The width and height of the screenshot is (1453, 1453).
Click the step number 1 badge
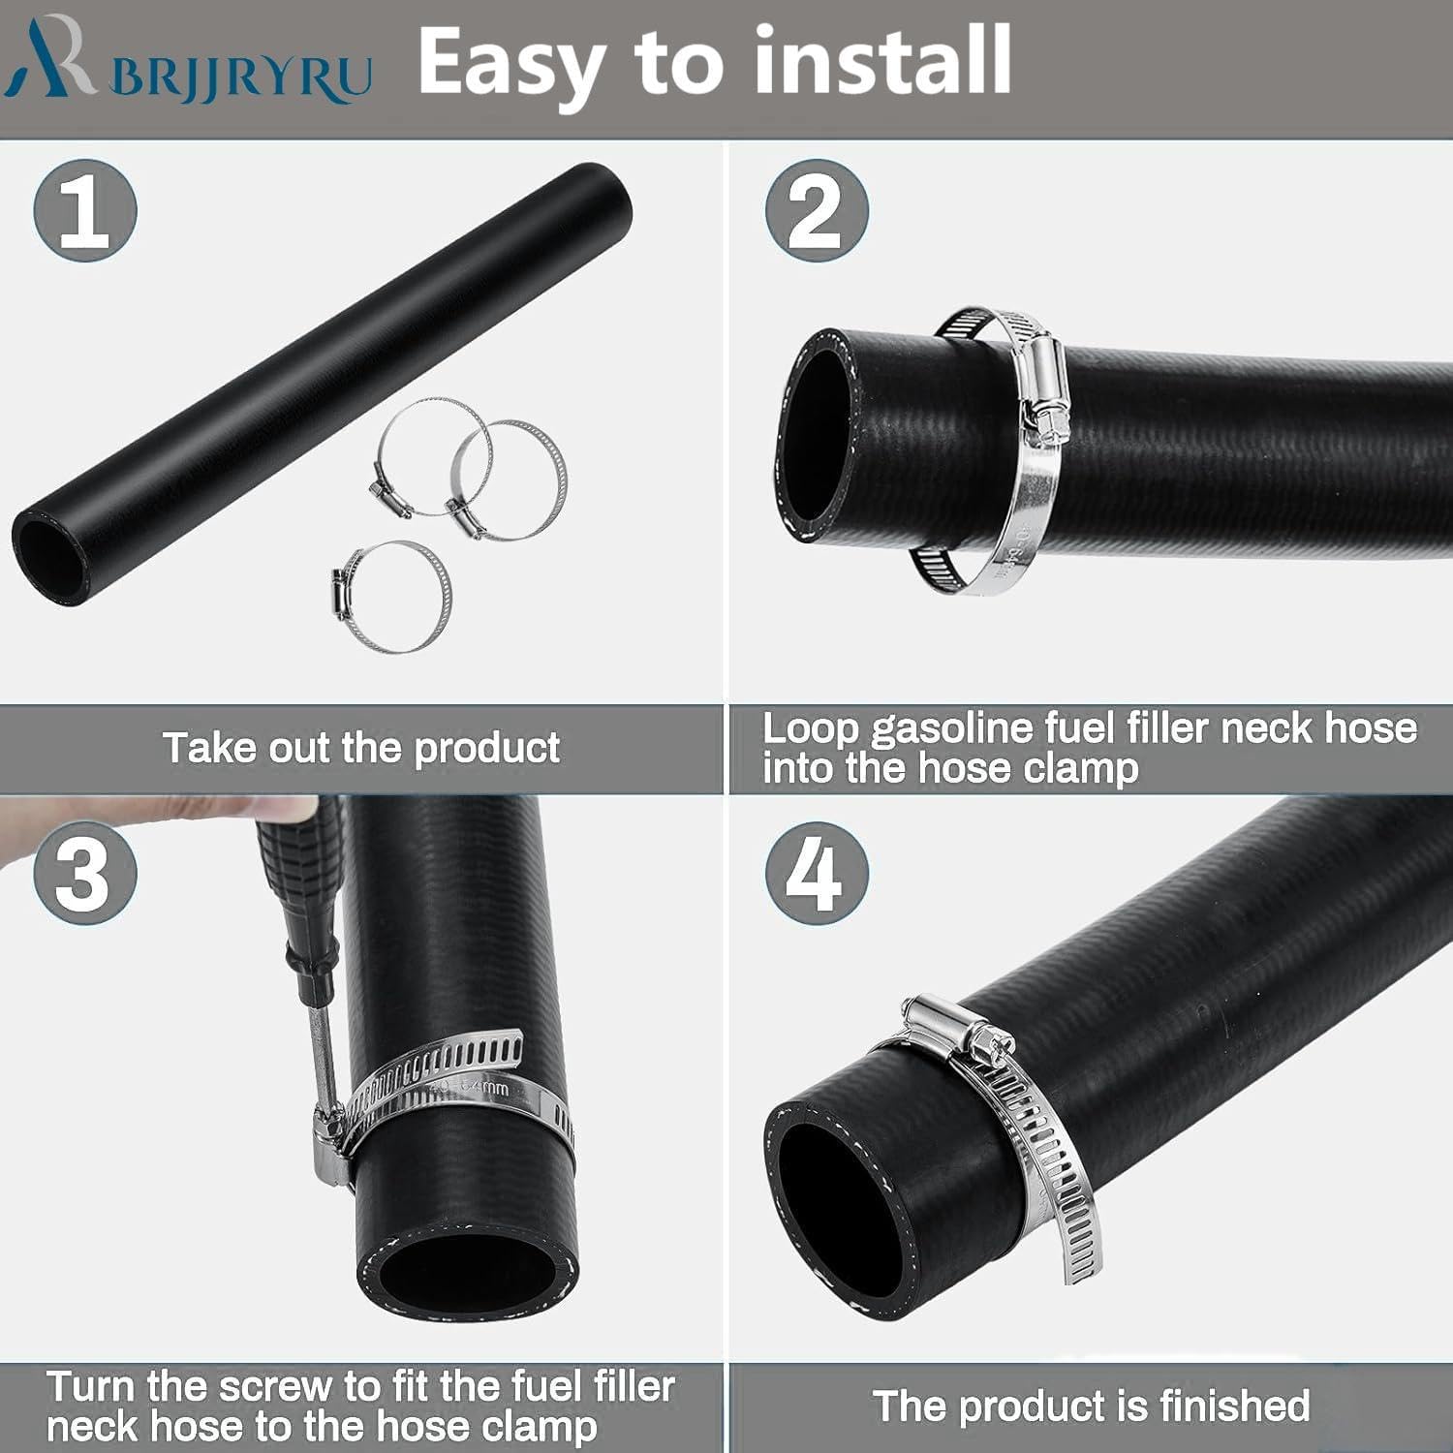click(x=85, y=211)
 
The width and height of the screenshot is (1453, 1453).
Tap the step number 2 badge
click(x=816, y=211)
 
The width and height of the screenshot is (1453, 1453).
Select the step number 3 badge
click(x=85, y=874)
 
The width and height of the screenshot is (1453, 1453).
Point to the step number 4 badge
click(x=816, y=874)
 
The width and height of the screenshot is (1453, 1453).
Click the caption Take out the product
click(x=360, y=748)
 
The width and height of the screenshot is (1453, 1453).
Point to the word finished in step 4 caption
click(x=1227, y=1406)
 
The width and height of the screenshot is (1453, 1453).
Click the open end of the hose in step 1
click(x=48, y=556)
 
